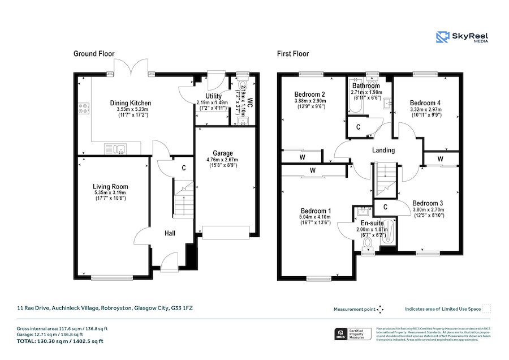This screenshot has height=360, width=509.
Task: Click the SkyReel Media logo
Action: [462, 37]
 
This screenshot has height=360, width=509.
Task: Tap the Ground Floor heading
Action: [94, 54]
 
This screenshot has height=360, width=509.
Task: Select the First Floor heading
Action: [292, 54]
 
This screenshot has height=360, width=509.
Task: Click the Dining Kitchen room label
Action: [130, 103]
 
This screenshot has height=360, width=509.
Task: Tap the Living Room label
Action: [110, 187]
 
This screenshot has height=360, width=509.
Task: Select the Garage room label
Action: [222, 153]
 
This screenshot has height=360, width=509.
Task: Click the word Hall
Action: [170, 233]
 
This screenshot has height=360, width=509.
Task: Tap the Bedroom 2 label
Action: [309, 94]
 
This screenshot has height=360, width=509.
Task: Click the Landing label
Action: [383, 150]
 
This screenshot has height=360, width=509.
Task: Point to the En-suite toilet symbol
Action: [368, 243]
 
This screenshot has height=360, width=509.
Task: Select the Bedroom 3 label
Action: [427, 203]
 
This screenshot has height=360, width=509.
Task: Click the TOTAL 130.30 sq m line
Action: [59, 341]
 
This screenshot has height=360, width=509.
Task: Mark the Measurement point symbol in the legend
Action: [380, 309]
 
